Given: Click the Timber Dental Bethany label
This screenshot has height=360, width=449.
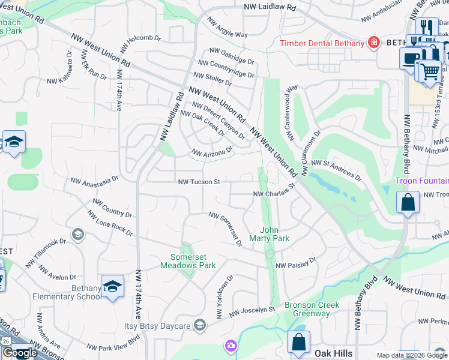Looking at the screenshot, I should tap(322, 43).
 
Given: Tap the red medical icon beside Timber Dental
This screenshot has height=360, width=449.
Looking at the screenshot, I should tap(374, 43).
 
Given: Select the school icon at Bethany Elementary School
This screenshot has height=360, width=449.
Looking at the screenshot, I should tap(112, 287).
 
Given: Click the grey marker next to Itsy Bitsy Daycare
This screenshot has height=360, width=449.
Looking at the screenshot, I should tap(199, 325).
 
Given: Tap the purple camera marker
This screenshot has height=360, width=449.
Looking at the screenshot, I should tap(231, 346).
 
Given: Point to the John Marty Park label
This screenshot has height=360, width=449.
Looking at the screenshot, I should tap(275, 234).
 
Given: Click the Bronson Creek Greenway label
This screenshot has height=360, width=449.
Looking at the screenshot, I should tap(312, 309).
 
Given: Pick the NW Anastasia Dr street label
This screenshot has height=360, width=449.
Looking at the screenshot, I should tap(94, 179).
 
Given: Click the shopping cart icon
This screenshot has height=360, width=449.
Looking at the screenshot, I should tap(428, 71).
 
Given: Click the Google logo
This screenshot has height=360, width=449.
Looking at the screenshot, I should tap(20, 353).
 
